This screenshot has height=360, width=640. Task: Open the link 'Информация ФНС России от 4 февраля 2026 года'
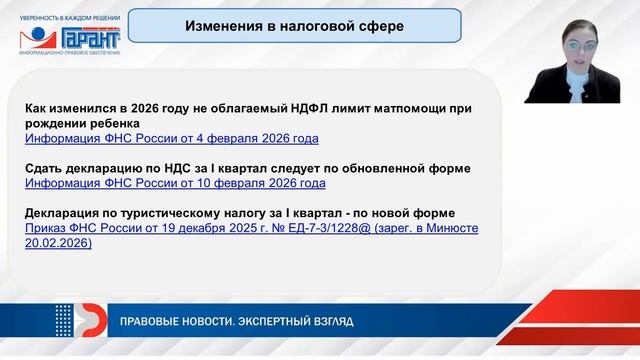point(171,139)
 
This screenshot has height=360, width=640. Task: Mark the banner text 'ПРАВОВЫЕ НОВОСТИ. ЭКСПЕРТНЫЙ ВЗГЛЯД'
point(236,322)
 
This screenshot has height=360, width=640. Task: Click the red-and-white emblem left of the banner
point(86,321)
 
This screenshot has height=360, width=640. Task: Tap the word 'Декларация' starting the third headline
point(61,213)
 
